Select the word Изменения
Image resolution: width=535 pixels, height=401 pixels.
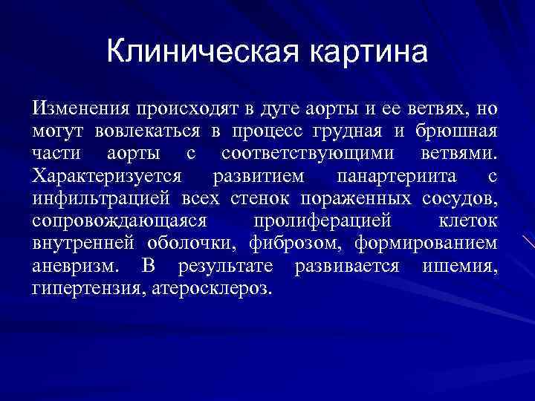[78, 110]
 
